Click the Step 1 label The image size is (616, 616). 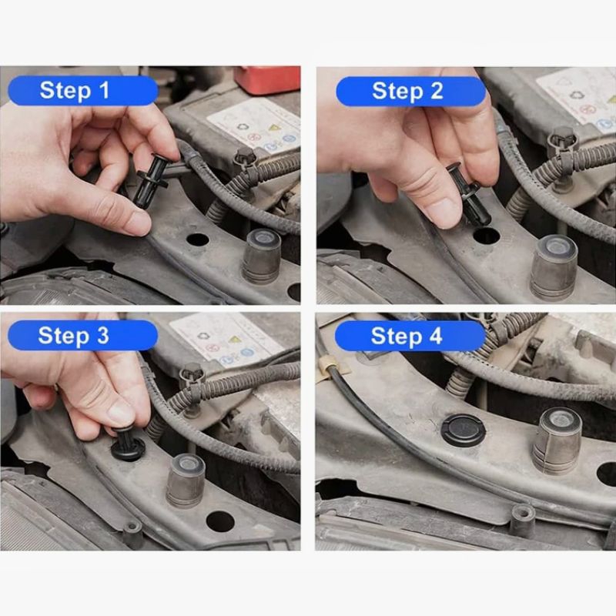tap(83, 90)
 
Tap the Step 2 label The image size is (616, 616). tap(411, 91)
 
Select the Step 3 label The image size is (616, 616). tap(82, 336)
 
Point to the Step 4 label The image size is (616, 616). tap(410, 336)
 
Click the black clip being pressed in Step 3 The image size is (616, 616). tap(128, 445)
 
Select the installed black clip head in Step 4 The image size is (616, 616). tap(464, 430)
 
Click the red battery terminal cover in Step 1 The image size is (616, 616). tap(268, 80)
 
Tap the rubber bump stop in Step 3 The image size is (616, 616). tap(186, 480)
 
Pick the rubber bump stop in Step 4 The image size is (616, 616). tap(557, 440)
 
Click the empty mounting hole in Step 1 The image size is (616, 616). tap(197, 239)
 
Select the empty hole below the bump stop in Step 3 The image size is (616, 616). tap(220, 522)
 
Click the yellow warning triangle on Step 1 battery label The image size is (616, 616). tap(273, 128)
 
